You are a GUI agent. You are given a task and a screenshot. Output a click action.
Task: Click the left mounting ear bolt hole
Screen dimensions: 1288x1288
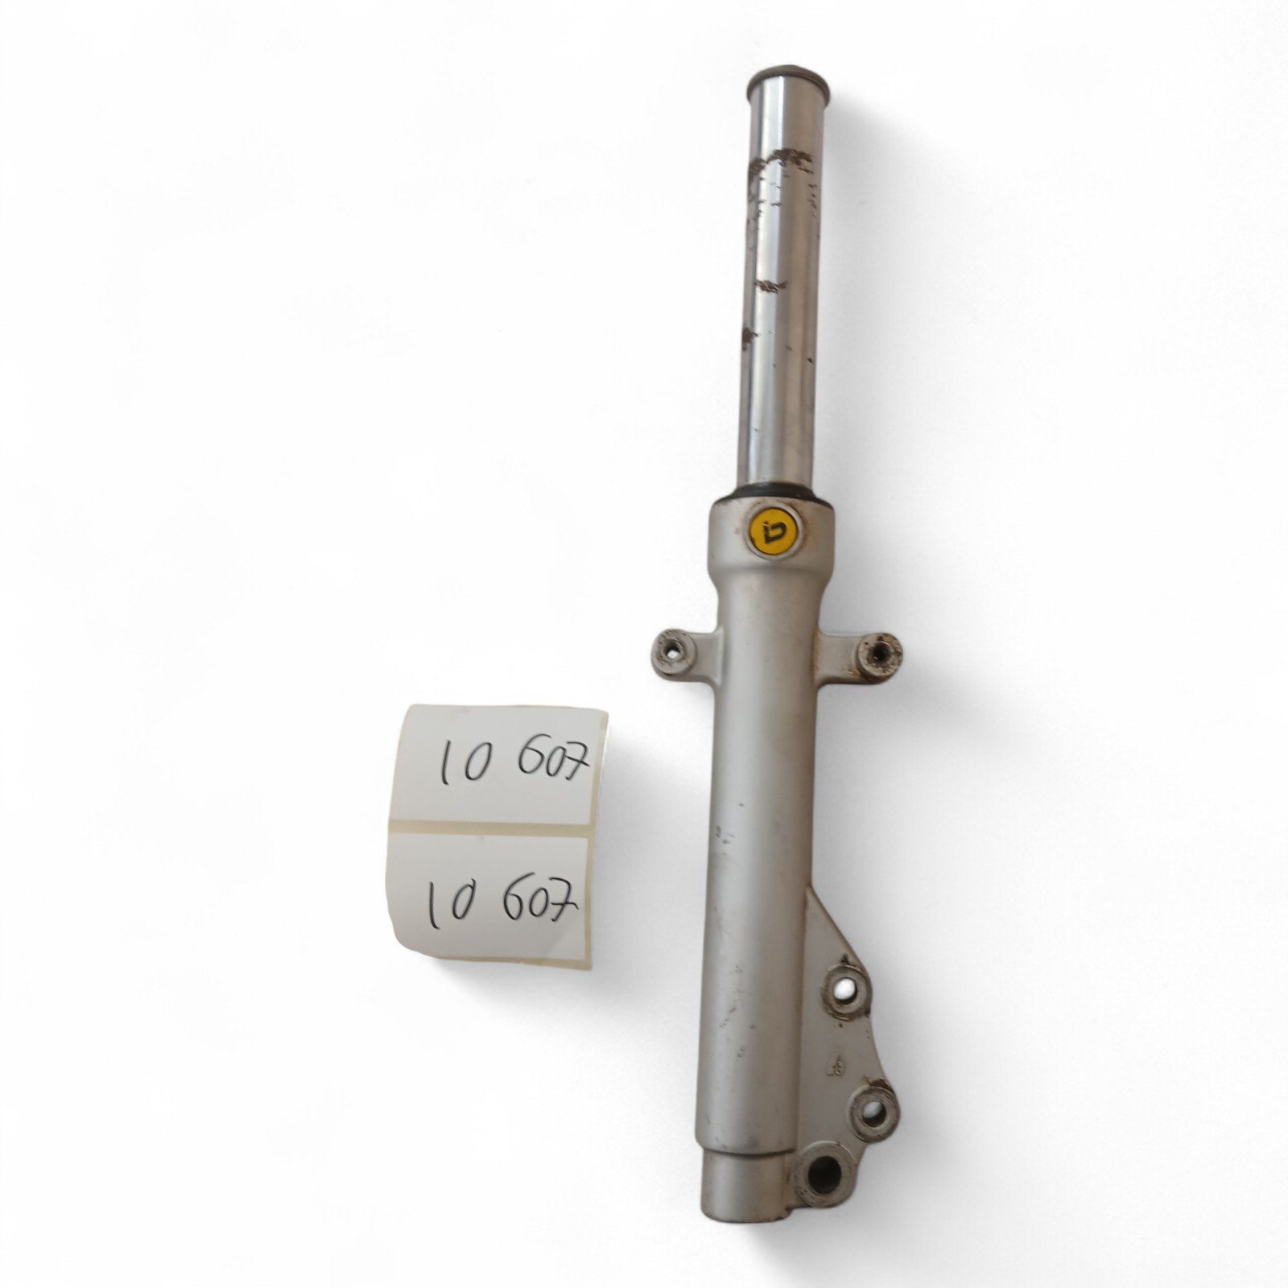671,646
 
